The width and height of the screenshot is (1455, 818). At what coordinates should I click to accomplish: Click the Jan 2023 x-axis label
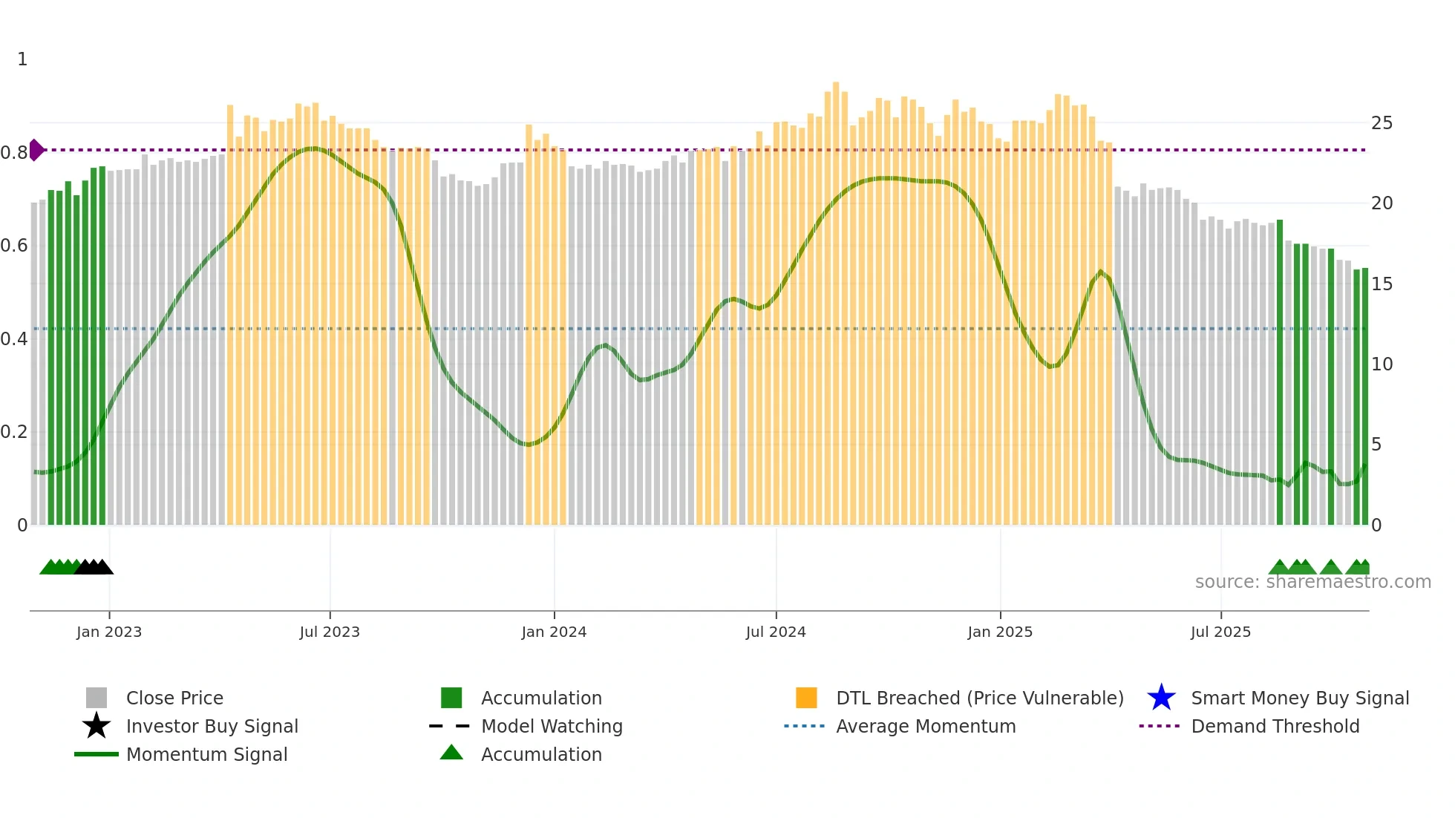[109, 632]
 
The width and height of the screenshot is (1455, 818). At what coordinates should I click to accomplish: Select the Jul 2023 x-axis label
[330, 632]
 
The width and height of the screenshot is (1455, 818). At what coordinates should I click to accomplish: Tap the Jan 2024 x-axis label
[554, 632]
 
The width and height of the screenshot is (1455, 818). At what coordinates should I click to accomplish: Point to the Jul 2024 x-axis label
[776, 632]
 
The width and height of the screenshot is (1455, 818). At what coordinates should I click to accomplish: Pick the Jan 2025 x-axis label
[1000, 632]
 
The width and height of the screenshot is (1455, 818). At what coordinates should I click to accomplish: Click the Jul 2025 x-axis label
[1220, 632]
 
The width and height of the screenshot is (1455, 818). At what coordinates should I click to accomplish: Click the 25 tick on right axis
[1382, 123]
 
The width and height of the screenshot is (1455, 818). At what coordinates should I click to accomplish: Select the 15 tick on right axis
[1382, 284]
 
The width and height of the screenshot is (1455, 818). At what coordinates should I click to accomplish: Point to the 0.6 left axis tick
[14, 246]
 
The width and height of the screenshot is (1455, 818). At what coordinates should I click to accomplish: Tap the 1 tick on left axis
[22, 59]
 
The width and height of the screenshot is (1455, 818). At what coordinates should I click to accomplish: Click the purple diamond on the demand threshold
[36, 150]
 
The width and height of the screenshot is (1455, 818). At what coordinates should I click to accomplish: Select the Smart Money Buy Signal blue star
[1161, 698]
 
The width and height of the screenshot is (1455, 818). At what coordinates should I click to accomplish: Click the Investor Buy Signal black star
[97, 726]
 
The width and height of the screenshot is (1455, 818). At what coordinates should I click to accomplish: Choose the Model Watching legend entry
[551, 726]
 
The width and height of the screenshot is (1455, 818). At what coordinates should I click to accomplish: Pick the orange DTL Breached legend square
[806, 698]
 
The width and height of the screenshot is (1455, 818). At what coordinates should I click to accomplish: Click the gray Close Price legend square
[97, 698]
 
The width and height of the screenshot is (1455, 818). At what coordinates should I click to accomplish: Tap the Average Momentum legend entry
[925, 726]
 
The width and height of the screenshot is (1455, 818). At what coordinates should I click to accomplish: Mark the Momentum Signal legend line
[97, 754]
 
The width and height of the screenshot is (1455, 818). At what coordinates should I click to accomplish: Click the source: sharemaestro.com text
[1312, 582]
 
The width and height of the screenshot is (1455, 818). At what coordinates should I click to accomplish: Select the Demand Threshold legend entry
[1275, 726]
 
